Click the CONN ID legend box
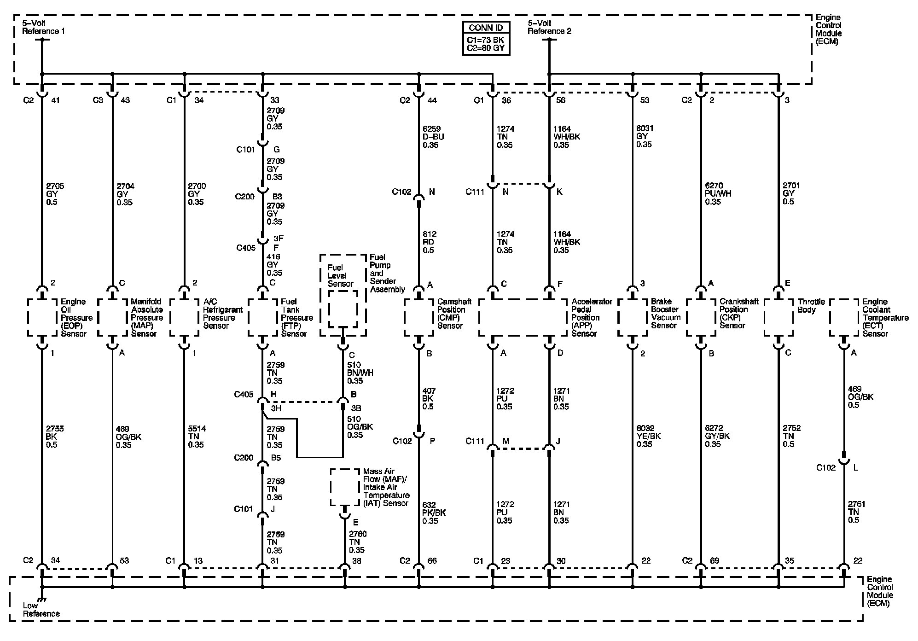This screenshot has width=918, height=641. [x=486, y=39]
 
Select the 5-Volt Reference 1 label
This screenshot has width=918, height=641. [x=43, y=27]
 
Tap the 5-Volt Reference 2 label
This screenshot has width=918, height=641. [x=549, y=27]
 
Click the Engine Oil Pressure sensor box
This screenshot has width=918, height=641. [x=42, y=318]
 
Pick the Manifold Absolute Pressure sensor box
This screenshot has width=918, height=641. [x=112, y=318]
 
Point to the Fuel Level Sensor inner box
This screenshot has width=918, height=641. [x=343, y=309]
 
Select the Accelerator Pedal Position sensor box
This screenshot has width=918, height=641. [x=522, y=318]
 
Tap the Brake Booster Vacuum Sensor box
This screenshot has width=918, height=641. [x=633, y=318]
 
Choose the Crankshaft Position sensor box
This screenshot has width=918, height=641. [x=701, y=318]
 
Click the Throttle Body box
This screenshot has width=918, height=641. [x=779, y=318]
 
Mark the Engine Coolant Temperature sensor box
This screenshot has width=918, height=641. [x=844, y=318]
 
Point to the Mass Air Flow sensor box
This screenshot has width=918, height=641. [x=344, y=487]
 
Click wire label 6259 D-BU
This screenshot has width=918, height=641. [x=433, y=137]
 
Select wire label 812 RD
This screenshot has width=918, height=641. [x=429, y=242]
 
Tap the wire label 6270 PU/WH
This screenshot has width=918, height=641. [x=717, y=193]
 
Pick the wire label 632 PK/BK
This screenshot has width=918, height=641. [x=433, y=513]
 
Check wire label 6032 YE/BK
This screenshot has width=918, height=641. [x=648, y=436]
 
